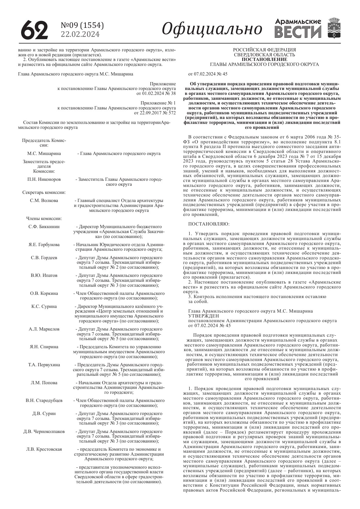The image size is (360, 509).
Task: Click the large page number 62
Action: click(x=34, y=30)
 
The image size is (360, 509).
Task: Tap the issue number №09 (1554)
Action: click(x=82, y=26)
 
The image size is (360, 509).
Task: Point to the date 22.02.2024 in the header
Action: click(x=80, y=35)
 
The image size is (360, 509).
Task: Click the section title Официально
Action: click(x=212, y=29)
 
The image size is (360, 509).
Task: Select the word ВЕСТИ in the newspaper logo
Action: click(x=298, y=32)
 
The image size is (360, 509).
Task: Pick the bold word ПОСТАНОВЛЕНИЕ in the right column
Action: click(x=264, y=59)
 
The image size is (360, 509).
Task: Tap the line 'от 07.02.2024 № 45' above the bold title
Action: click(x=208, y=74)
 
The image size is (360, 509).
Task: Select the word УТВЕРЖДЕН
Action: click(x=204, y=316)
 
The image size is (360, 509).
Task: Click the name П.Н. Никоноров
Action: click(x=44, y=179)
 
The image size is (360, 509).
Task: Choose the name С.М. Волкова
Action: click(x=44, y=201)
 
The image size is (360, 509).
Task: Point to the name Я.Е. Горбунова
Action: click(x=44, y=245)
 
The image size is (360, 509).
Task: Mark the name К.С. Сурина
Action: click(x=44, y=306)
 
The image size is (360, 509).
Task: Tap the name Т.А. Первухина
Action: click(x=44, y=365)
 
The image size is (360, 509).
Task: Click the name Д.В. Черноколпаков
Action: click(x=44, y=432)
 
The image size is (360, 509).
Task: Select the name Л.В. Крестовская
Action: click(x=44, y=449)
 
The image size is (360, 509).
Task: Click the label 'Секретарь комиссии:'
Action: click(x=44, y=192)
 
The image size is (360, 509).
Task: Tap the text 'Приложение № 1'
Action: click(x=158, y=103)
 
